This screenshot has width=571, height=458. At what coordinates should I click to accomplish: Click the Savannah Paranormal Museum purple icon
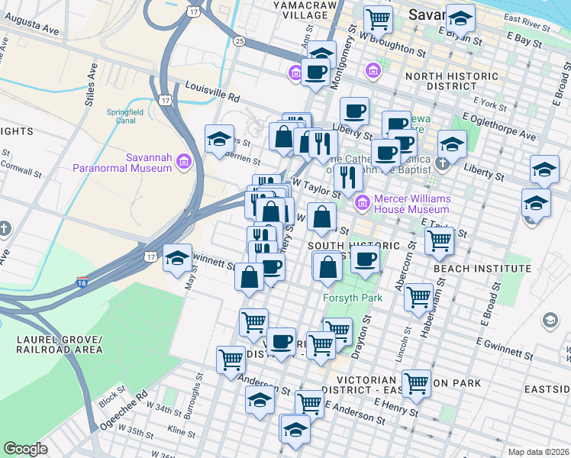pyautogui.click(x=183, y=161)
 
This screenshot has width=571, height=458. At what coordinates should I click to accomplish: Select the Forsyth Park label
pyautogui.click(x=353, y=298)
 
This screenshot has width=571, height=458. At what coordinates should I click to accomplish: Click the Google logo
pyautogui.click(x=26, y=448)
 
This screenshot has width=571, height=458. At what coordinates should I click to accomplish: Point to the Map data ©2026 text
pyautogui.click(x=538, y=451)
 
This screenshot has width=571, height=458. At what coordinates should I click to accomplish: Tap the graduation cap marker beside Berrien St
pyautogui.click(x=219, y=139)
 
